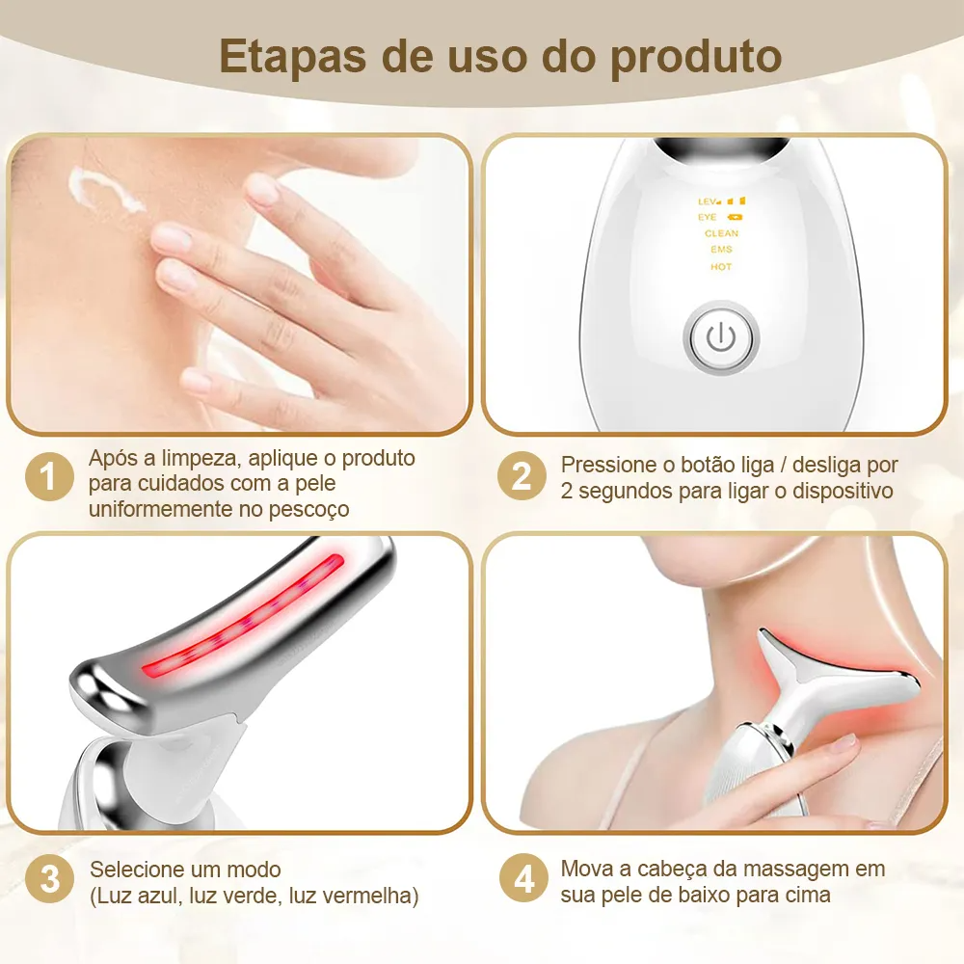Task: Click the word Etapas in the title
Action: pyautogui.click(x=294, y=57)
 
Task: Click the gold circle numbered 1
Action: pyautogui.click(x=49, y=476)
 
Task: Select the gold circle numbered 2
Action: pyautogui.click(x=522, y=476)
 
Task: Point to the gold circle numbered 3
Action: pyautogui.click(x=49, y=878)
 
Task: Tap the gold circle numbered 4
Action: pyautogui.click(x=523, y=878)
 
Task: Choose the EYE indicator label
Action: pyautogui.click(x=707, y=217)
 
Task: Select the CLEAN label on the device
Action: pyautogui.click(x=722, y=233)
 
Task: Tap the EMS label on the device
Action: pyautogui.click(x=721, y=250)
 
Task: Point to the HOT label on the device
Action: pyautogui.click(x=721, y=267)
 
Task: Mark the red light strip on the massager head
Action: pyautogui.click(x=244, y=615)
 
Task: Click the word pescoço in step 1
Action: pyautogui.click(x=309, y=510)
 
